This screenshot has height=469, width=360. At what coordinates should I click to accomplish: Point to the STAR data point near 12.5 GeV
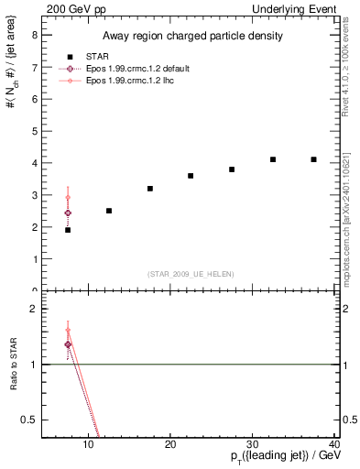(x=109, y=211)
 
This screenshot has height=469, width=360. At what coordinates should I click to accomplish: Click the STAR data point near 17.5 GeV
(x=150, y=189)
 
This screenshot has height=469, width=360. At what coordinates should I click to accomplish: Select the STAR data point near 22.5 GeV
(x=191, y=176)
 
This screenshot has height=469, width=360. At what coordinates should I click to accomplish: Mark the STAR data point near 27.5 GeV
(x=232, y=169)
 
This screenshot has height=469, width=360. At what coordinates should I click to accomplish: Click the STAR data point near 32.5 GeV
(x=273, y=159)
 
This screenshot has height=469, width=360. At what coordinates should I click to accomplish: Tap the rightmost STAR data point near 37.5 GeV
(x=314, y=159)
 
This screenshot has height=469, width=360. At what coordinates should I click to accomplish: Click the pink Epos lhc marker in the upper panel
(x=68, y=197)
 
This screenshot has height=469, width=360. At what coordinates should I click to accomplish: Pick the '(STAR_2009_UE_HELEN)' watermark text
(x=191, y=274)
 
